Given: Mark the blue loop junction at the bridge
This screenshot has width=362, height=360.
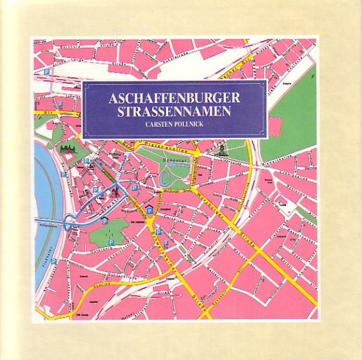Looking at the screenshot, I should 68,222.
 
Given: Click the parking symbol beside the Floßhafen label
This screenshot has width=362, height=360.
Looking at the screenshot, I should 54,261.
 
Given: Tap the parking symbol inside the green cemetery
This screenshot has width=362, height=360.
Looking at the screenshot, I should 111,242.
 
